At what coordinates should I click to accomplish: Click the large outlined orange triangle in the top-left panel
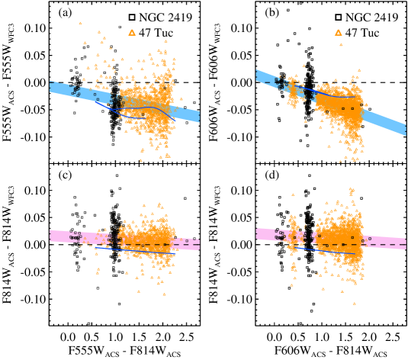132,33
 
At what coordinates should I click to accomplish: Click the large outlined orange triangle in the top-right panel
338,33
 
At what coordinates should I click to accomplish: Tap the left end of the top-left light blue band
52,87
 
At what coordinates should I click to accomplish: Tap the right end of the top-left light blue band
198,116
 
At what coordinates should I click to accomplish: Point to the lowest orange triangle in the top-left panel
141,160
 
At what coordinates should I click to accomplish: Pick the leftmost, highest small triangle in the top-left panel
80,23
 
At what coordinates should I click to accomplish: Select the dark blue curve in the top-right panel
336,96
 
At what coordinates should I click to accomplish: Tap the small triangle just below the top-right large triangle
341,44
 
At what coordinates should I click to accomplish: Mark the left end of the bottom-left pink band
52,236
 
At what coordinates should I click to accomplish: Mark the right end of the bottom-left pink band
198,244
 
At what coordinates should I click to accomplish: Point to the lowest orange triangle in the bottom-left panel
164,294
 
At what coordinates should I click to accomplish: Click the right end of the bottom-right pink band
403,244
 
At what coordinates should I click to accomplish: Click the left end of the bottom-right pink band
258,233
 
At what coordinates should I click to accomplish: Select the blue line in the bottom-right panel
328,251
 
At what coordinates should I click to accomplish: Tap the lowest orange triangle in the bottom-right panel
354,303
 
